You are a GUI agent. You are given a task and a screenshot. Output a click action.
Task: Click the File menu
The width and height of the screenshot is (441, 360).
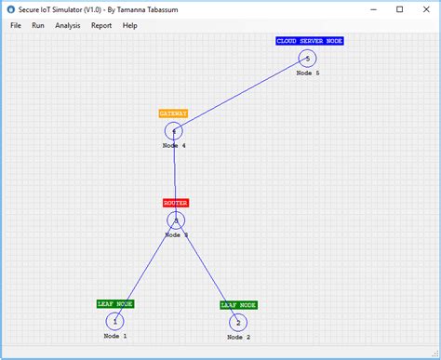click(x=16, y=25)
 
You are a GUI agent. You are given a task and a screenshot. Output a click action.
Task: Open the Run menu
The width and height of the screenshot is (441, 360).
click(x=38, y=25)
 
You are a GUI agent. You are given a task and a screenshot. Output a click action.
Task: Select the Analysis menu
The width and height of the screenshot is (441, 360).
click(x=68, y=25)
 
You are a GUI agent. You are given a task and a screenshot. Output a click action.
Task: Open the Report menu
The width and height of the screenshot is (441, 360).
click(x=101, y=25)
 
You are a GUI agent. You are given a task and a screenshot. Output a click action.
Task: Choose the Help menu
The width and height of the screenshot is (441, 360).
click(x=129, y=25)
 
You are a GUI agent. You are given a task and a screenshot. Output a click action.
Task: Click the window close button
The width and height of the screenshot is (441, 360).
click(x=424, y=9)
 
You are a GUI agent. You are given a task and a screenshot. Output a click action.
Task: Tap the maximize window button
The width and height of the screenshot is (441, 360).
click(x=399, y=9)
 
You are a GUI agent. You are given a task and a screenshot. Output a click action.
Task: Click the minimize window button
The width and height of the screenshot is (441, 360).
click(x=374, y=9)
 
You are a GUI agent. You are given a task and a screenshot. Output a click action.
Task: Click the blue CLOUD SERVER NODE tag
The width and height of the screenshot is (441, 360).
click(x=310, y=41)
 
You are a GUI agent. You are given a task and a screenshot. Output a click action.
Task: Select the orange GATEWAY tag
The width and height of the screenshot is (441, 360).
click(x=173, y=113)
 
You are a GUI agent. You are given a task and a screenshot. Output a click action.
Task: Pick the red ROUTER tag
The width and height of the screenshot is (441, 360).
click(x=176, y=202)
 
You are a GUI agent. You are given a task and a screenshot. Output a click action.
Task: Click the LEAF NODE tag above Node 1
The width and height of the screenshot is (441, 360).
click(x=115, y=303)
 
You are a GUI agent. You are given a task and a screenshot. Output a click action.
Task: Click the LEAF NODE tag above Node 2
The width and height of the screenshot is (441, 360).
click(x=239, y=304)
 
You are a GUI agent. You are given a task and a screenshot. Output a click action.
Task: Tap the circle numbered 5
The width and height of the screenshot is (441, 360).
click(x=307, y=59)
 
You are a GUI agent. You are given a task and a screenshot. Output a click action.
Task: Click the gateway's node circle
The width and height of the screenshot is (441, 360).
click(x=174, y=131)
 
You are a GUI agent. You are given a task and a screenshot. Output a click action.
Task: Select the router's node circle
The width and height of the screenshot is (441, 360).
click(x=176, y=220)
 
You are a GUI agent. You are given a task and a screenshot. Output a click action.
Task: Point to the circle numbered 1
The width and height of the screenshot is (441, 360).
click(x=115, y=322)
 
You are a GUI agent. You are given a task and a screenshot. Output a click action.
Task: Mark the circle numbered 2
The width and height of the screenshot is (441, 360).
click(x=238, y=323)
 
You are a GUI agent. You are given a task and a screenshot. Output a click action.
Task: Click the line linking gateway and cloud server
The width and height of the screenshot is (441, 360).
click(x=240, y=95)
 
